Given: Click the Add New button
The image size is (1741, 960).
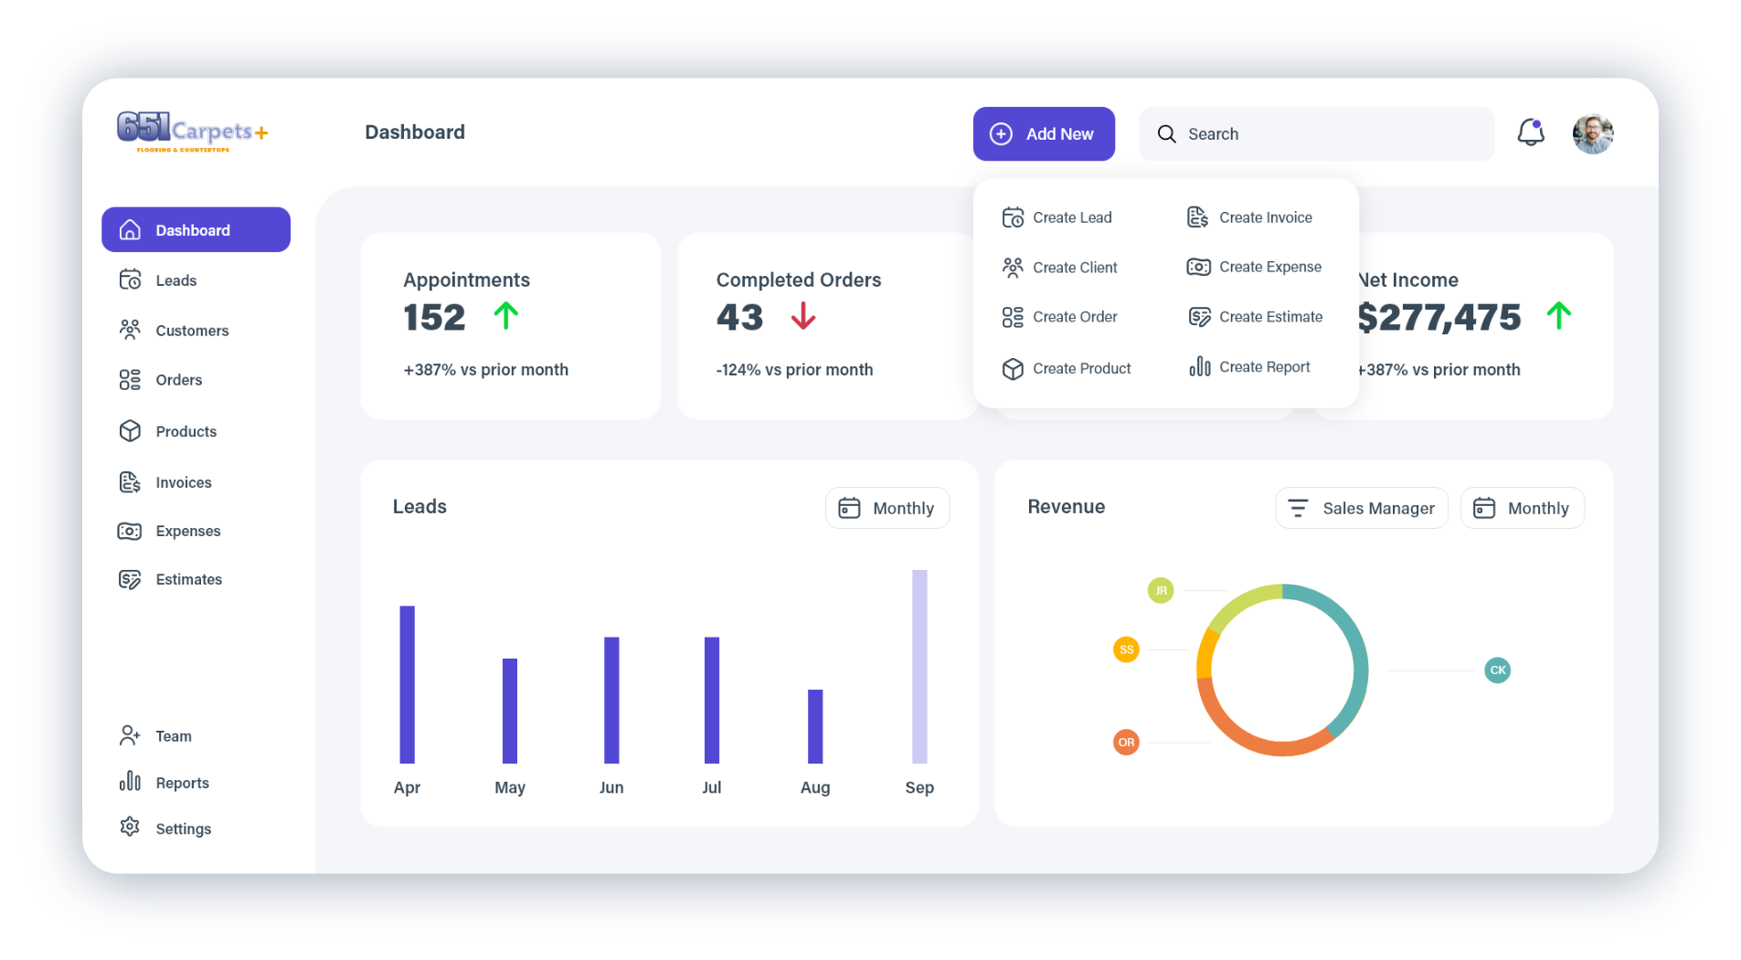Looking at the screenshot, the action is tap(1043, 133).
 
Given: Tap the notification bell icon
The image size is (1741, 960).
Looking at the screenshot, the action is tap(1531, 132).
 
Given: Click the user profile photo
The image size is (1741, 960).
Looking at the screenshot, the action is tap(1593, 133).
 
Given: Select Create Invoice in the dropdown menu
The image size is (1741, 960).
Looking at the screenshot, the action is tap(1249, 217).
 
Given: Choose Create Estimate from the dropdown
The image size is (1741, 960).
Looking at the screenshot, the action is tap(1255, 317).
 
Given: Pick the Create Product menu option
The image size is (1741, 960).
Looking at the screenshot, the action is tap(1067, 368).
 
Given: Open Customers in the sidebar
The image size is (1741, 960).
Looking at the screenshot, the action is tap(174, 330).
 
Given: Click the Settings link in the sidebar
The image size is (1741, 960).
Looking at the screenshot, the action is tap(165, 828).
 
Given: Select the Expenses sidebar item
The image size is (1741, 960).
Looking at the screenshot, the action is tap(169, 531).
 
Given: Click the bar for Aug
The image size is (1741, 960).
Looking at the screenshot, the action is tap(815, 726).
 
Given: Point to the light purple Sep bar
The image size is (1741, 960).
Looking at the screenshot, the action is tap(919, 667).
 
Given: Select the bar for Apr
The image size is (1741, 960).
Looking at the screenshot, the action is tap(407, 684).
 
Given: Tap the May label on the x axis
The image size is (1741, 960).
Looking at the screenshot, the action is tap(510, 787).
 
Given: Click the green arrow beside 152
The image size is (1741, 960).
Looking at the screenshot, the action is tap(506, 316).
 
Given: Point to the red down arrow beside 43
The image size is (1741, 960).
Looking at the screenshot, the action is tap(803, 316).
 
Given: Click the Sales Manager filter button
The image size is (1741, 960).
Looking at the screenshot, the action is tap(1362, 508).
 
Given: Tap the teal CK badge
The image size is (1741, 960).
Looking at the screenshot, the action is tap(1498, 670).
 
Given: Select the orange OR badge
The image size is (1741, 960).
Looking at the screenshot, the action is tap(1126, 743).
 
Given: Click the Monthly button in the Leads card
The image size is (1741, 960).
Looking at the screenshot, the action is tap(887, 508).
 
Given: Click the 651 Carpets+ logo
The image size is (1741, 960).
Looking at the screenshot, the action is tap(193, 132).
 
